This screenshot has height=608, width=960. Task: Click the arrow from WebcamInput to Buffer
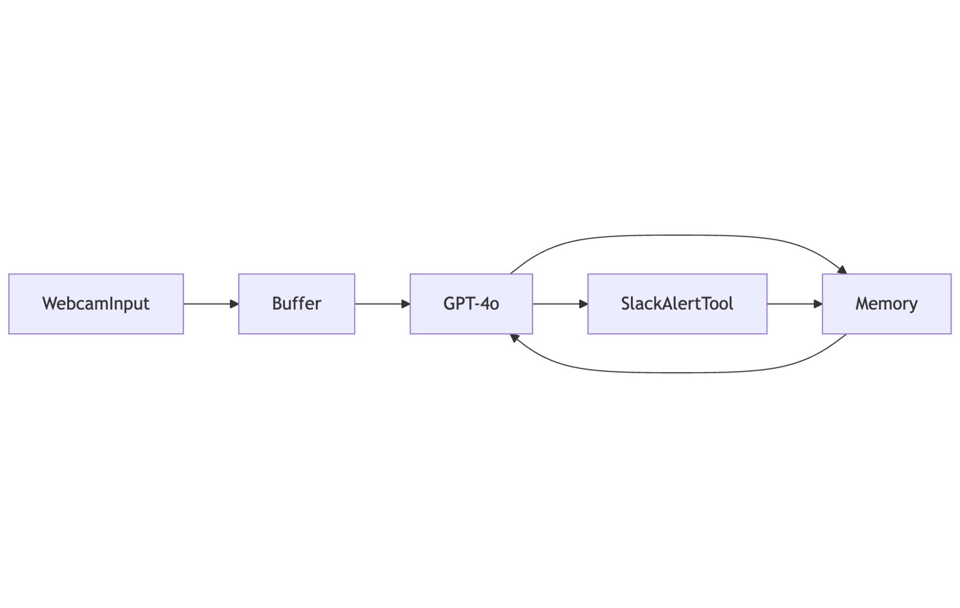(207, 304)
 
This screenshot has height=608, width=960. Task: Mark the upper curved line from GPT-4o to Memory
(677, 235)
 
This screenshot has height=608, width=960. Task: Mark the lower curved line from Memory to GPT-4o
(677, 372)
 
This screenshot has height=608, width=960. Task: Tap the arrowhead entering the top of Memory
(842, 270)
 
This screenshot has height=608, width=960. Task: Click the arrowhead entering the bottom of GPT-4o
(514, 338)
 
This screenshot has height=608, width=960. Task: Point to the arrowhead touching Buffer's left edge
(234, 304)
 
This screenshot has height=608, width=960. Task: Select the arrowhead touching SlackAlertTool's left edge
(583, 304)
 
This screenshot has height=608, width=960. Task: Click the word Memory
(886, 304)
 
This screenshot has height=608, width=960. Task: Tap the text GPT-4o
(471, 304)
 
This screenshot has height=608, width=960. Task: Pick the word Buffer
(296, 304)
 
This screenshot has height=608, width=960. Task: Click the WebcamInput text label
(96, 304)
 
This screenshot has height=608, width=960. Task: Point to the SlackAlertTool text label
(677, 304)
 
